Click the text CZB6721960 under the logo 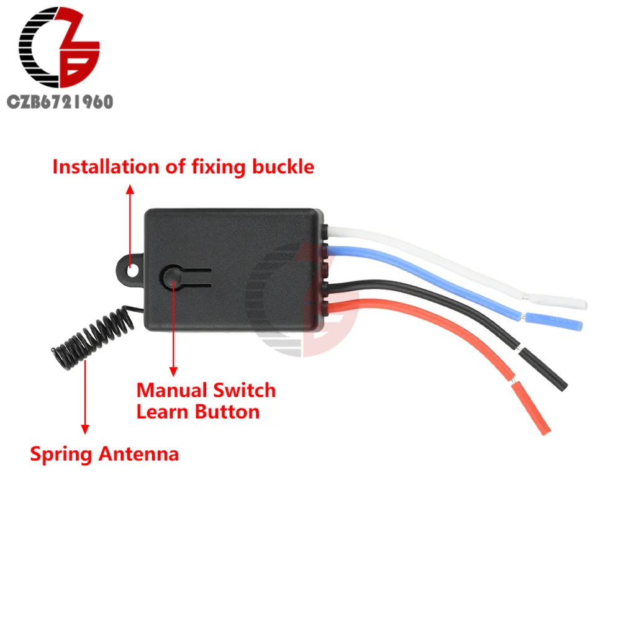click(60, 102)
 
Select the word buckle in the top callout click(283, 167)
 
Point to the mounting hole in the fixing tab click(132, 269)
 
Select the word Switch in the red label click(245, 391)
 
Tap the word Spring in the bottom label click(60, 454)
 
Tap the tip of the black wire click(546, 371)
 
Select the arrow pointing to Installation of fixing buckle click(130, 217)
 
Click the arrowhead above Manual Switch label click(173, 370)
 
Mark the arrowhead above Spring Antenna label click(85, 428)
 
